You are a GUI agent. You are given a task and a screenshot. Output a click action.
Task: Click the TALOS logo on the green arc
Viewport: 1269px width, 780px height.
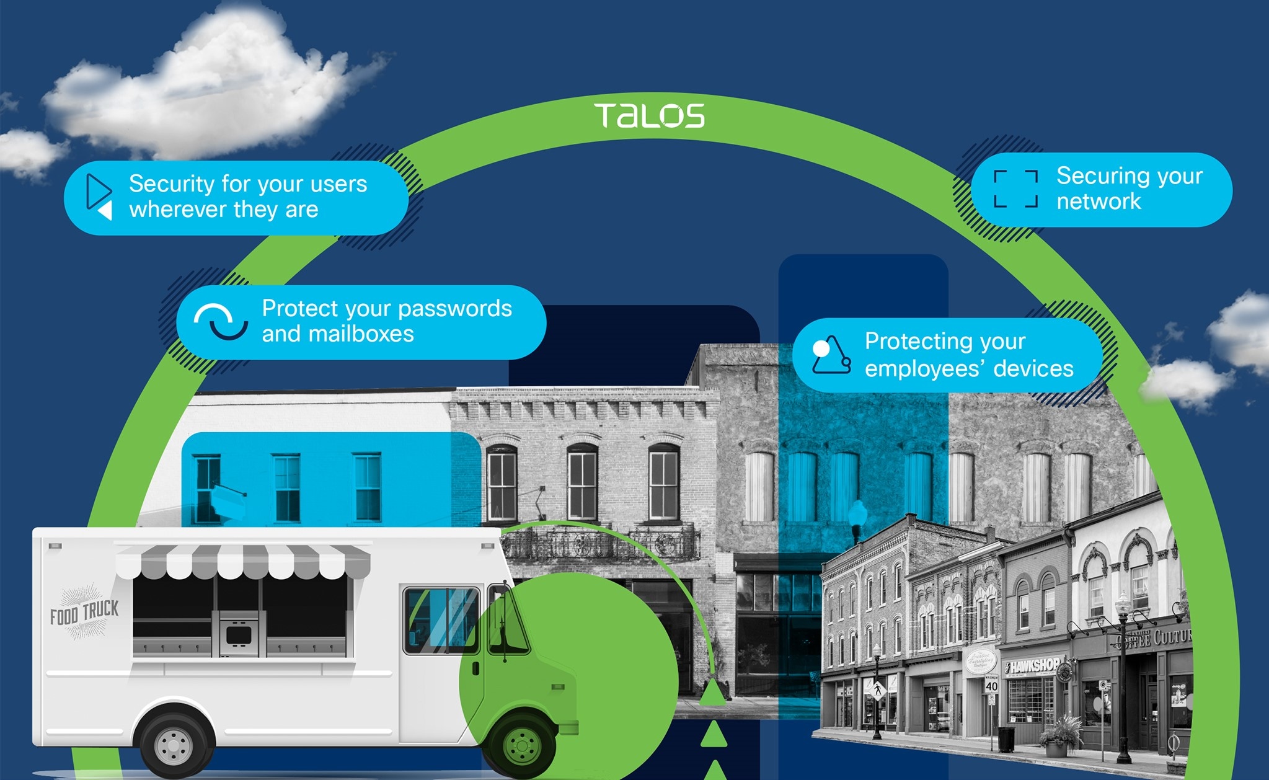point(649,116)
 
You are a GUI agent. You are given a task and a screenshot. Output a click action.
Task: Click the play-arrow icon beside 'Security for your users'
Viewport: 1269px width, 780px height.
point(99,197)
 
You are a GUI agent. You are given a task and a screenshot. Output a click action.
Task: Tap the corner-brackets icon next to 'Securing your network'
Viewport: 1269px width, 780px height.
point(1015,188)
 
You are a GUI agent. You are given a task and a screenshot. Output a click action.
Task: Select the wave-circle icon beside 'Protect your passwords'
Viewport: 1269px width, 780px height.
point(221,321)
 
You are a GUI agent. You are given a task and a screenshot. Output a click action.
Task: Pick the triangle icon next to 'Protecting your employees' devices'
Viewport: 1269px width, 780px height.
point(831,355)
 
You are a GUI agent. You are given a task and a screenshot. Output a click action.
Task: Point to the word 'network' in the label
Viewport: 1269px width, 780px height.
point(1099,202)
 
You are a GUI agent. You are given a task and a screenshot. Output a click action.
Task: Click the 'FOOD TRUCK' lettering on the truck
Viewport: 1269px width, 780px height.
point(84,613)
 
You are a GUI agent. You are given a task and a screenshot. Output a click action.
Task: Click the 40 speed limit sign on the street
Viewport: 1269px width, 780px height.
point(991,685)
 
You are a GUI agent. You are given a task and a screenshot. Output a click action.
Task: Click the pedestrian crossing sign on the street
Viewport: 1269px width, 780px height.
point(877,688)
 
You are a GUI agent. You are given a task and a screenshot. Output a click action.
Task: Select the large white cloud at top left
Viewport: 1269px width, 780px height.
point(205,87)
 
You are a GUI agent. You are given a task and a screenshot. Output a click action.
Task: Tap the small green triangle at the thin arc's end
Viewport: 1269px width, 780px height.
point(712,693)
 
